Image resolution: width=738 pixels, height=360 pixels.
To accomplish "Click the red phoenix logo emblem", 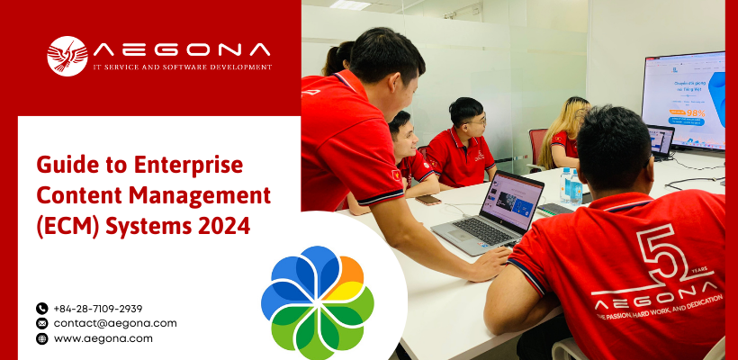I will click(x=67, y=55).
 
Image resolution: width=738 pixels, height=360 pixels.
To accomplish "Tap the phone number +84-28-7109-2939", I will click(x=98, y=309).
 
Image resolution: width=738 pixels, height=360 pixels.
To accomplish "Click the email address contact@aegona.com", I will click(x=115, y=323).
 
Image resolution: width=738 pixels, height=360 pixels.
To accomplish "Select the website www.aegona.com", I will click(x=103, y=338).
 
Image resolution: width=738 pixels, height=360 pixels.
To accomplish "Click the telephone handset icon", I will click(x=41, y=309).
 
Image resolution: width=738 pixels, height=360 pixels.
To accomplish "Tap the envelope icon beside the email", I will click(x=41, y=323).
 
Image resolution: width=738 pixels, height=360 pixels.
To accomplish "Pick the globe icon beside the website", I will click(x=41, y=338).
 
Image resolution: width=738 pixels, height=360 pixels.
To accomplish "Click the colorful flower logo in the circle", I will click(x=317, y=296).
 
